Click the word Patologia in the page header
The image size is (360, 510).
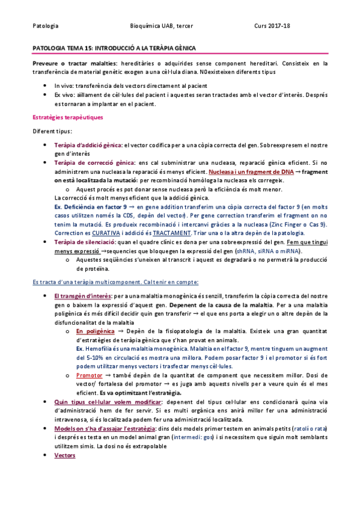pos(46,26)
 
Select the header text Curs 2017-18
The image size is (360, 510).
pos(272,26)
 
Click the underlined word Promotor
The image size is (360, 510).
pos(90,375)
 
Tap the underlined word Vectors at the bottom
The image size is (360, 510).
pos(64,455)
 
